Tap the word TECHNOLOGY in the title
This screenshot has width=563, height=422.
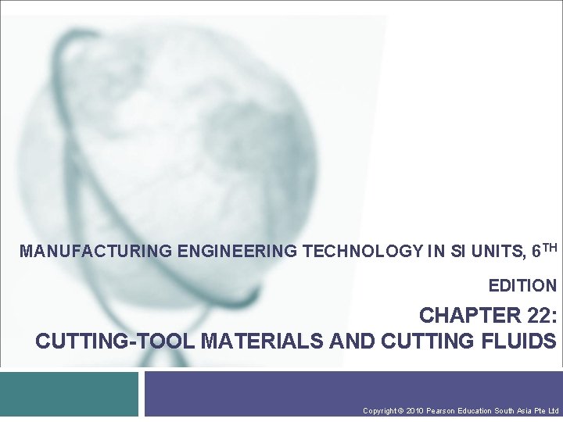[361, 252]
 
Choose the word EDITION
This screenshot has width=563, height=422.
[522, 286]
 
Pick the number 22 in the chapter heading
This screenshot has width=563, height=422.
[536, 316]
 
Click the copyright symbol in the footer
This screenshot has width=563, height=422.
[400, 410]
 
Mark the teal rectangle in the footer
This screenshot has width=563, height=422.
[69, 394]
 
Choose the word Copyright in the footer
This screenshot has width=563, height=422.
[379, 410]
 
